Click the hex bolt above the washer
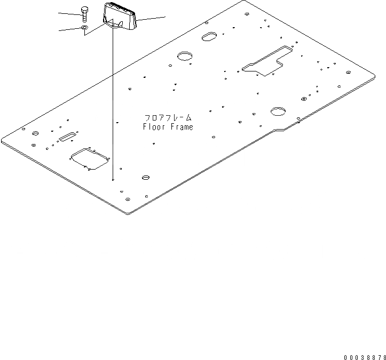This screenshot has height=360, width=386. pos(84,14)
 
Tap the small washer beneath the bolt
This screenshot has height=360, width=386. pos(84,27)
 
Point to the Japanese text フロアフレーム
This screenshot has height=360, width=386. pos(168,117)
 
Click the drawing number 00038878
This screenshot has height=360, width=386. pos(365,356)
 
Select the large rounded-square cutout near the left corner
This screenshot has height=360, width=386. pos(90,158)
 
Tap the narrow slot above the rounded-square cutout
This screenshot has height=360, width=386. pos(68,138)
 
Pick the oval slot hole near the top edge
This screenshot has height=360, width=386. pos(208,37)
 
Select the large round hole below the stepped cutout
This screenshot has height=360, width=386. pos(278,111)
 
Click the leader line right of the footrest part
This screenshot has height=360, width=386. pos(152,19)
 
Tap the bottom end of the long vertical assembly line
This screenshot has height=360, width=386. pos(113,180)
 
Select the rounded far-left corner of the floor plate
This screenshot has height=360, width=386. pos(3,140)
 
